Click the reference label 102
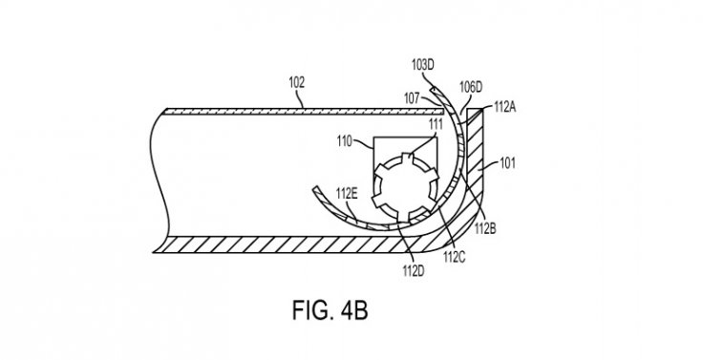pyautogui.click(x=296, y=83)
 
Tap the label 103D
pyautogui.click(x=423, y=65)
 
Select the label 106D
pyautogui.click(x=471, y=87)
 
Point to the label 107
pyautogui.click(x=412, y=98)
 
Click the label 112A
pyautogui.click(x=505, y=107)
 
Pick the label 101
pyautogui.click(x=507, y=162)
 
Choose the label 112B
pyautogui.click(x=485, y=228)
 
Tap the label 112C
pyautogui.click(x=454, y=257)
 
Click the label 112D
pyautogui.click(x=414, y=271)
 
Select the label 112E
pyautogui.click(x=347, y=193)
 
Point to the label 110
pyautogui.click(x=344, y=141)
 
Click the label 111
pyautogui.click(x=436, y=124)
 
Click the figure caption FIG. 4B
pyautogui.click(x=330, y=310)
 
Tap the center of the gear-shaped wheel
pyautogui.click(x=405, y=188)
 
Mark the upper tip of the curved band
pyautogui.click(x=433, y=89)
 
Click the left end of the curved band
pyautogui.click(x=315, y=188)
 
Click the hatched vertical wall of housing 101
pyautogui.click(x=475, y=148)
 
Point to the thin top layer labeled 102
pyautogui.click(x=305, y=112)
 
